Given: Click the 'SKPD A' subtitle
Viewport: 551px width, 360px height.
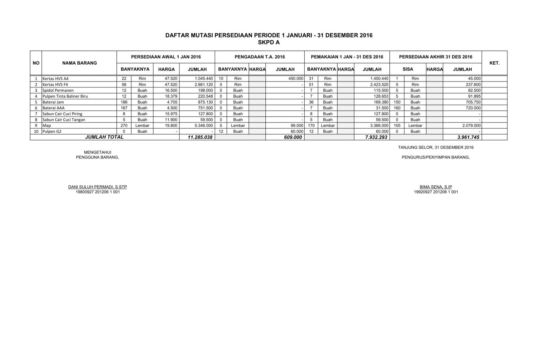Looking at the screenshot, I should click(x=269, y=42).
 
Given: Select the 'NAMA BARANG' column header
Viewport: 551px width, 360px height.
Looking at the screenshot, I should click(x=79, y=63).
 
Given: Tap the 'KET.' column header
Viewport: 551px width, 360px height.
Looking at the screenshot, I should click(x=494, y=63).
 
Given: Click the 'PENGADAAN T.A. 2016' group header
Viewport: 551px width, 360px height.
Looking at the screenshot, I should click(x=260, y=57).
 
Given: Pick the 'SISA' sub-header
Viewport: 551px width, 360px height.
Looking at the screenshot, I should click(x=408, y=69).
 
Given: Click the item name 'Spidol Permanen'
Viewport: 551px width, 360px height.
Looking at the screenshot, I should click(x=58, y=90).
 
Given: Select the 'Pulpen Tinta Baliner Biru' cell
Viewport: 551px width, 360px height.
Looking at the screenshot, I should click(x=65, y=96).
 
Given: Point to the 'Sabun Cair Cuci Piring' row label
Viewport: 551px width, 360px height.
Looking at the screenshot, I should click(x=62, y=114).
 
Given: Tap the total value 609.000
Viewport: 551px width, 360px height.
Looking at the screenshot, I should click(x=293, y=137).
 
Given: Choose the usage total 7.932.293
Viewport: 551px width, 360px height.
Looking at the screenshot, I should click(x=376, y=137).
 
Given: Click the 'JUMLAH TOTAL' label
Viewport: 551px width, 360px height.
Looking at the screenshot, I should click(x=104, y=137).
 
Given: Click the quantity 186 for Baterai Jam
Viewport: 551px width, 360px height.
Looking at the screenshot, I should click(x=124, y=102).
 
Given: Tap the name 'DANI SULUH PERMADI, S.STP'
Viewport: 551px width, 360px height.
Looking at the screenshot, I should click(x=97, y=187).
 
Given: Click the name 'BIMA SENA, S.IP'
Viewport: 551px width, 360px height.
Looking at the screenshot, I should click(x=436, y=187).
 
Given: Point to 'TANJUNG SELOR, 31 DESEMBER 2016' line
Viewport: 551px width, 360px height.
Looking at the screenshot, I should click(x=436, y=147).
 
